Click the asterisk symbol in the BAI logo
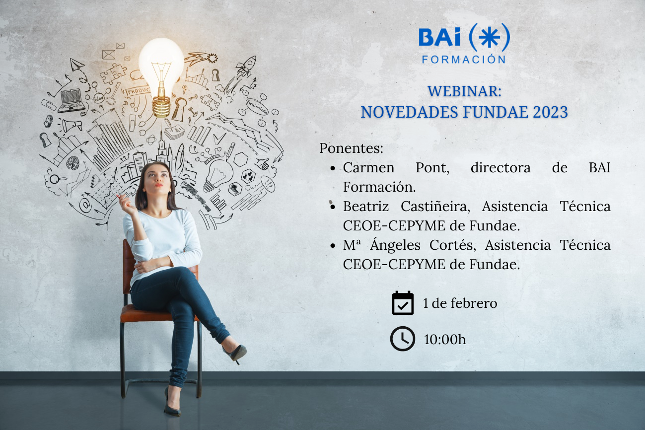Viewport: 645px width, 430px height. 489,38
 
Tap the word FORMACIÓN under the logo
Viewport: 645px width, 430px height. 464,59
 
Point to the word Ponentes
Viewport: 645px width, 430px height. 351,148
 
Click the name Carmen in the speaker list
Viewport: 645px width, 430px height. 368,168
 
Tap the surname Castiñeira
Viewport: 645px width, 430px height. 435,207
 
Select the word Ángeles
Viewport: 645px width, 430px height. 395,245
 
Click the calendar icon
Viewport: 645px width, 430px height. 403,303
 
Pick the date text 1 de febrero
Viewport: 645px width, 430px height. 460,303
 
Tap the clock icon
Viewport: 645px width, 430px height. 403,339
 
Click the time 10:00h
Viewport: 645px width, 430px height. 445,339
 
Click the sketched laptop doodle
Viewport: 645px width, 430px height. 72,100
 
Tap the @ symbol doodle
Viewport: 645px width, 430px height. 85,204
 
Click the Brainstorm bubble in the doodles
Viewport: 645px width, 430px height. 257,106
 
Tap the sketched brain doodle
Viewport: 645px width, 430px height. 72,163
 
